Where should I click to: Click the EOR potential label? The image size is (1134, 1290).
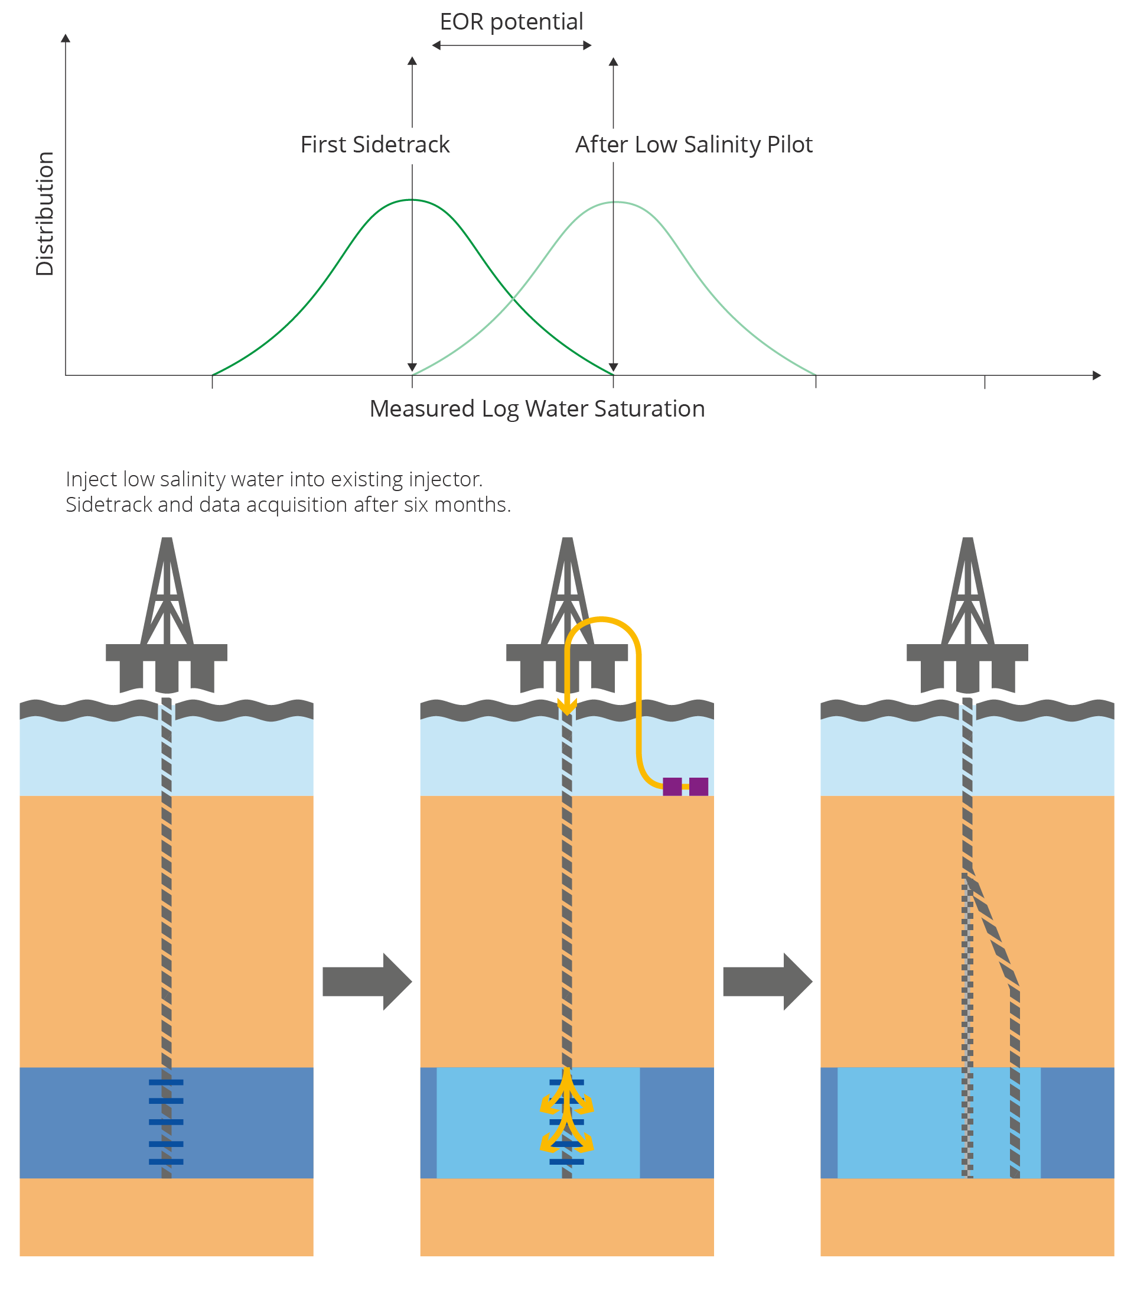pos(511,22)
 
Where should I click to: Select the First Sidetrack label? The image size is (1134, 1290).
pos(374,145)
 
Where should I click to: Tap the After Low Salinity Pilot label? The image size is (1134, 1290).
pos(693,145)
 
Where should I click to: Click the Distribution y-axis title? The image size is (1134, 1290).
pos(45,213)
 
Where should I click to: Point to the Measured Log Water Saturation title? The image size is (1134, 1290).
pos(537,408)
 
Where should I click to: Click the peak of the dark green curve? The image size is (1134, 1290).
pos(412,200)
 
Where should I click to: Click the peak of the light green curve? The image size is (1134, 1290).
pos(615,202)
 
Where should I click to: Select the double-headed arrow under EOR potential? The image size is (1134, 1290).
pos(511,46)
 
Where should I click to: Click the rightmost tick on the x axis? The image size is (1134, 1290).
pos(984,381)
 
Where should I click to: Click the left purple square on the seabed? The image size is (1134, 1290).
pos(672,787)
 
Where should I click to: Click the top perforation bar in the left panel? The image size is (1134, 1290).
pos(166,1082)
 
